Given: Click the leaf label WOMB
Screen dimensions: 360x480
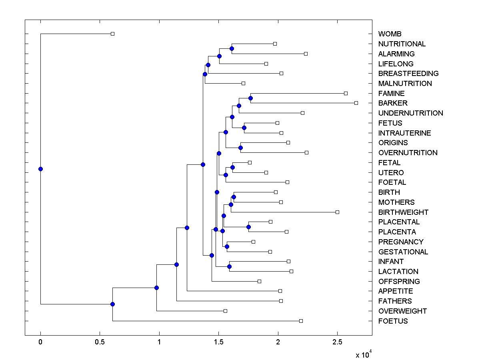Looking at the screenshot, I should (390, 34).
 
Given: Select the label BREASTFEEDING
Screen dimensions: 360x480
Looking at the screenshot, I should (408, 74).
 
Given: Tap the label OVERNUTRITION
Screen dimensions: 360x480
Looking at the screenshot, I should (408, 153).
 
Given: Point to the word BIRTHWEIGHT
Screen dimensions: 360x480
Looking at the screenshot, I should (403, 212).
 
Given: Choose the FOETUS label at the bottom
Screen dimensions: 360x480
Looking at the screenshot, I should (393, 321).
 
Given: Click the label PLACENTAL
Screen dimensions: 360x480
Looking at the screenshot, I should (399, 222).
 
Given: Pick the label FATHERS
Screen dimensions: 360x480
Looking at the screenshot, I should (395, 301).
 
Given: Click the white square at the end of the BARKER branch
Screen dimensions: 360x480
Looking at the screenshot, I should (356, 103).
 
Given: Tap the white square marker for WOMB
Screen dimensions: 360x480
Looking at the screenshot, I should (112, 34).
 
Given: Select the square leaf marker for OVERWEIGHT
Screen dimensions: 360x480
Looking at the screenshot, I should (225, 311).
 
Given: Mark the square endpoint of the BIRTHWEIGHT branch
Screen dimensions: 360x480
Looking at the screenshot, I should (337, 212).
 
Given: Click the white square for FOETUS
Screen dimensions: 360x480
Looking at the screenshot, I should (301, 321).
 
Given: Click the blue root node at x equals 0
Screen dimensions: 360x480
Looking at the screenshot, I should (40, 169).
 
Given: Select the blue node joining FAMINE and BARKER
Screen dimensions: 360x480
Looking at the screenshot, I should (251, 98).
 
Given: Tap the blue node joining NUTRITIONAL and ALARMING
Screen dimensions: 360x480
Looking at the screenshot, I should (232, 48).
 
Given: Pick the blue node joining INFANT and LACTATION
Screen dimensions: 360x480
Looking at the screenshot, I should (230, 266).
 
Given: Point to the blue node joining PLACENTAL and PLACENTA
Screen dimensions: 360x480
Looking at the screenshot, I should (249, 227).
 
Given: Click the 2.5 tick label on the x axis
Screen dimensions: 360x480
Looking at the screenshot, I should (337, 342).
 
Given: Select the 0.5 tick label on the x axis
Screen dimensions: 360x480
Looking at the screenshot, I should (100, 342).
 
